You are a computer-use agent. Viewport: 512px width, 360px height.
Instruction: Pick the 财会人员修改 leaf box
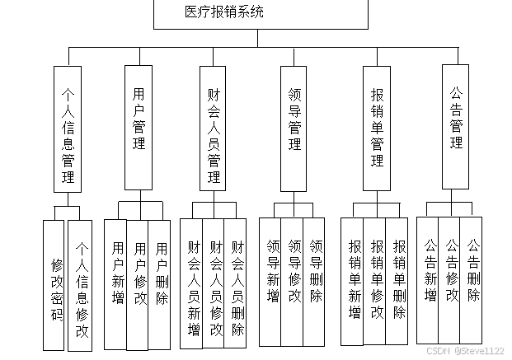pos(214,286)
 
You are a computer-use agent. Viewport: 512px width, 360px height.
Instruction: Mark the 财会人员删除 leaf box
pos(237,286)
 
